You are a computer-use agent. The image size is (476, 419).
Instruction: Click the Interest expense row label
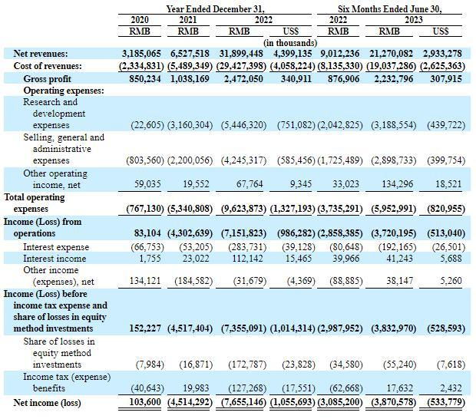tap(56, 247)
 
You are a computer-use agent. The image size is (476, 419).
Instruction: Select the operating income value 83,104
tap(156, 233)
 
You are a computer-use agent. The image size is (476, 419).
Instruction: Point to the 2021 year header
tap(188, 19)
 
